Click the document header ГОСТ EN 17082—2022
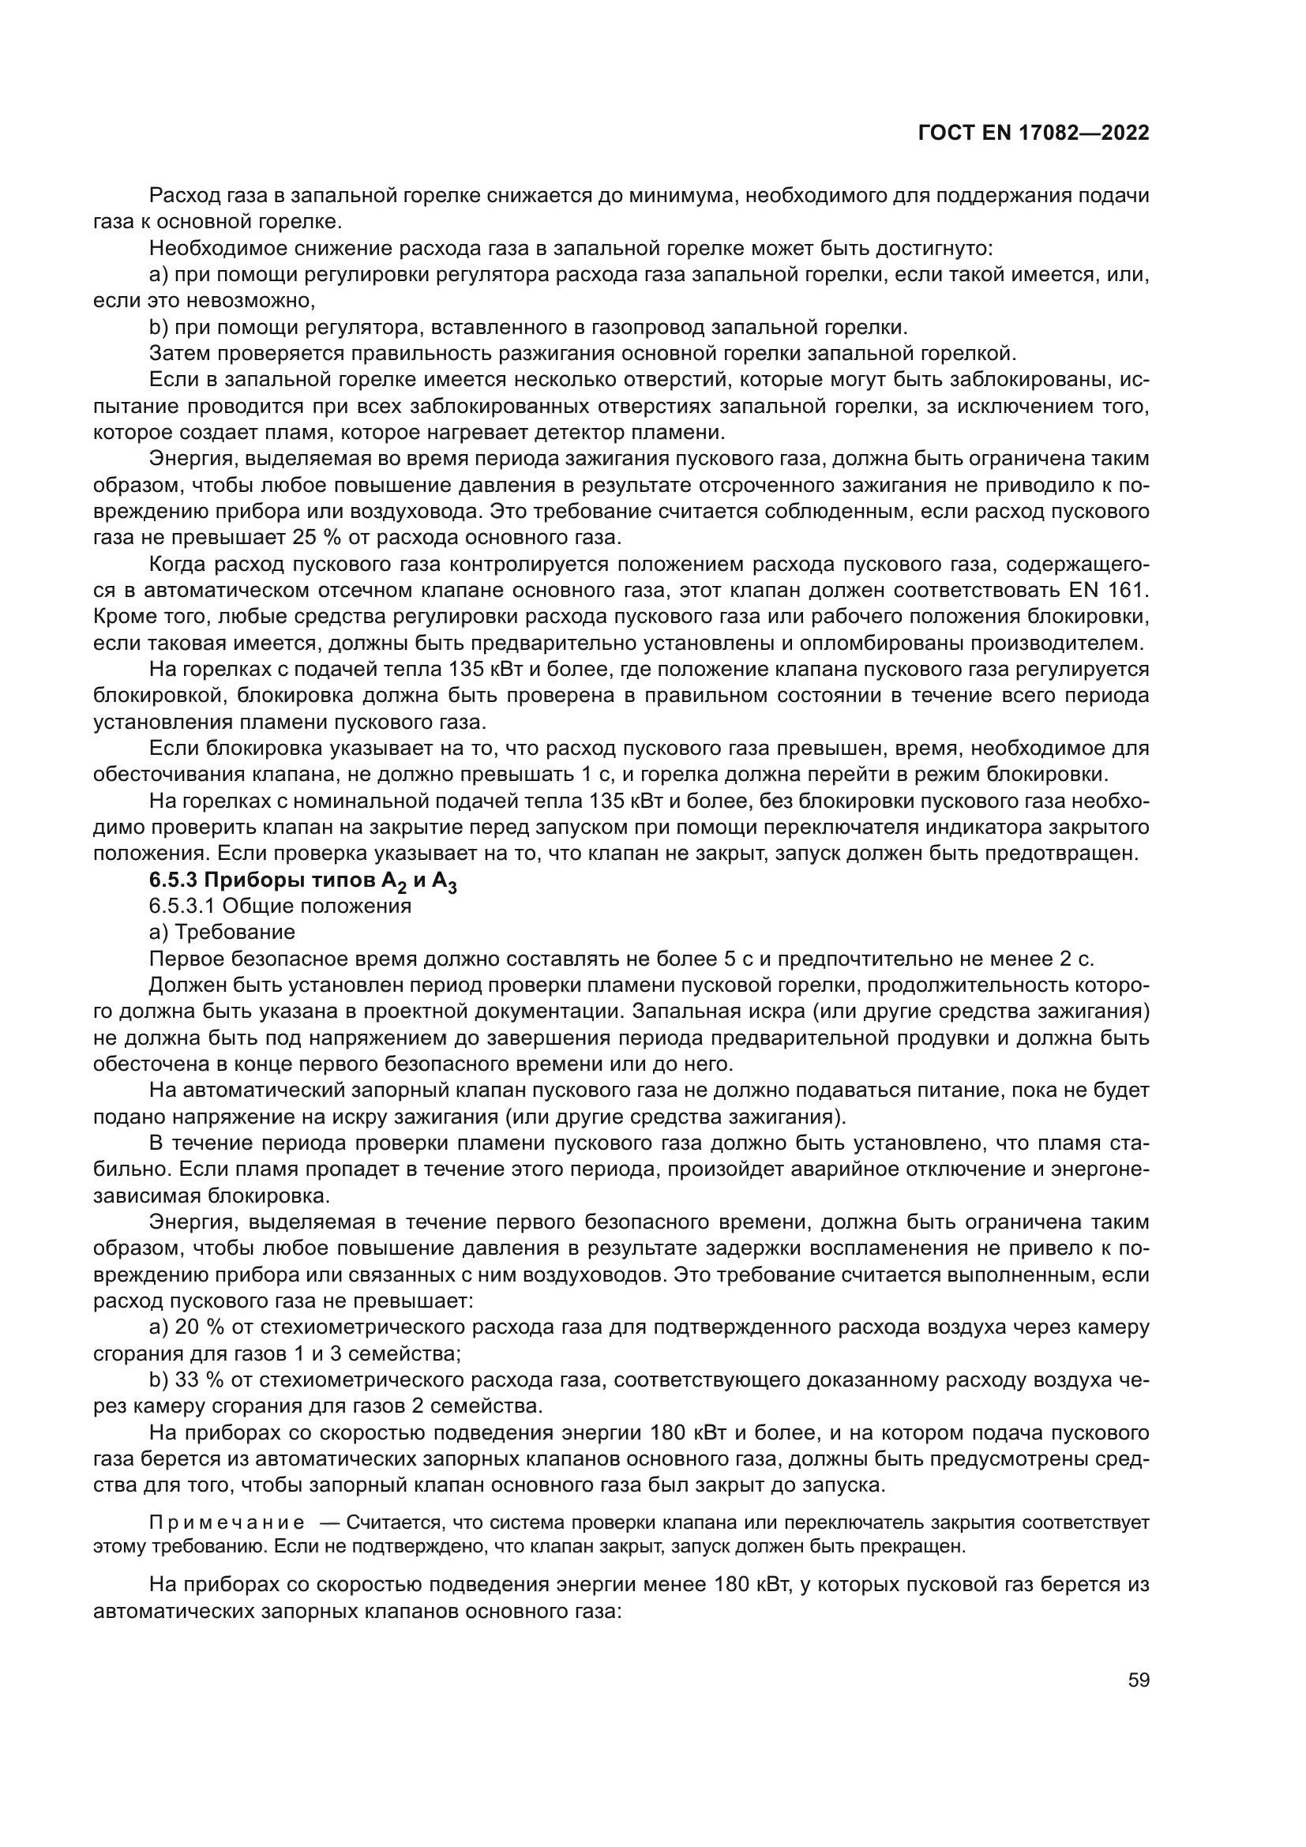tap(1034, 133)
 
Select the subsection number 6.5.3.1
tap(182, 907)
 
